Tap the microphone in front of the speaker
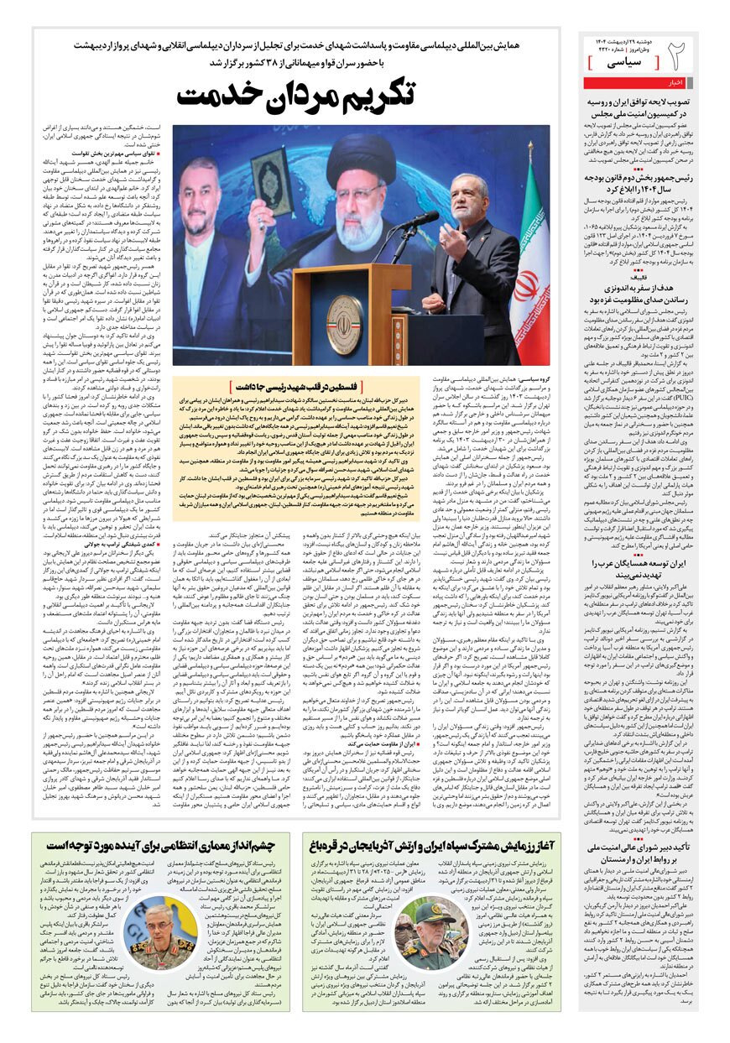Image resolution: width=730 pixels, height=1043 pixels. click(x=415, y=221)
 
